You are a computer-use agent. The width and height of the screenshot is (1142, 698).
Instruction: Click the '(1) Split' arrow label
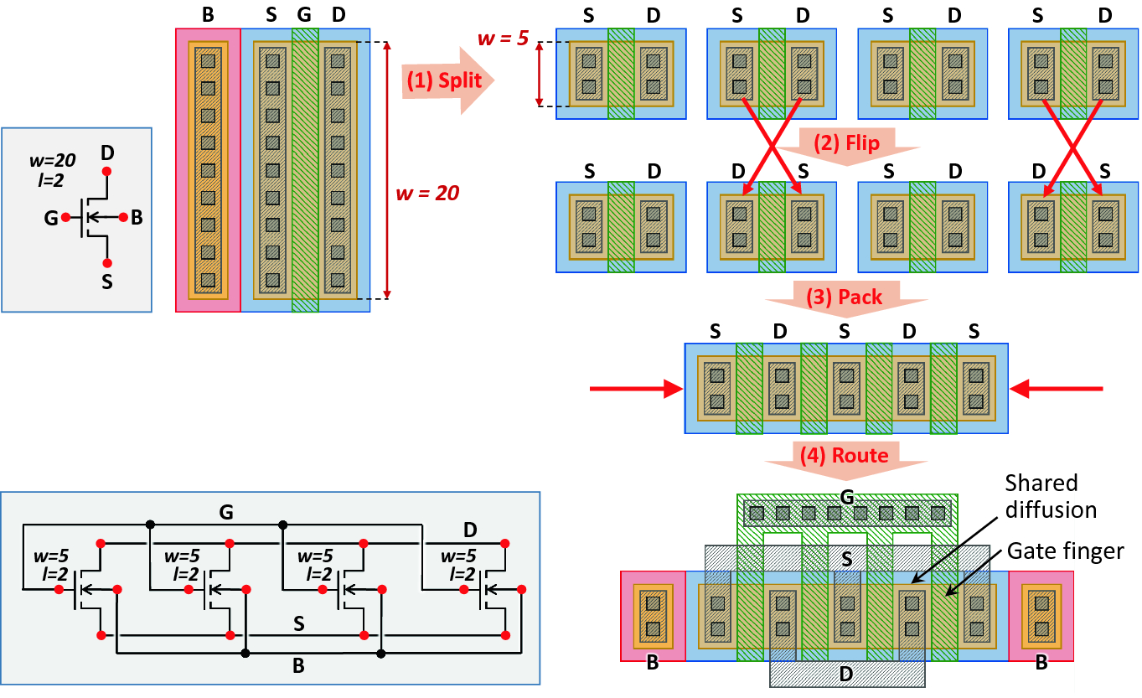(444, 80)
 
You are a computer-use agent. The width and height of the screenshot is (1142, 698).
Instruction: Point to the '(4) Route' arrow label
(847, 455)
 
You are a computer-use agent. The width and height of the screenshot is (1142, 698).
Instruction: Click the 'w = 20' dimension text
(426, 194)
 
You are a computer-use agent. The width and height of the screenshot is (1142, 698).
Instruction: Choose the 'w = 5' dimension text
(502, 39)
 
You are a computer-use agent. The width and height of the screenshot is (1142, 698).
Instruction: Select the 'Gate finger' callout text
(1065, 550)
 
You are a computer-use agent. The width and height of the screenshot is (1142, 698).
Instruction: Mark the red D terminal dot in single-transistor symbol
(106, 172)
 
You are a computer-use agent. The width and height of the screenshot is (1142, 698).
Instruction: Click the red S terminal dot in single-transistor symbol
(106, 263)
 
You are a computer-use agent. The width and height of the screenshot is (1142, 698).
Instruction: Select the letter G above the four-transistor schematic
(225, 512)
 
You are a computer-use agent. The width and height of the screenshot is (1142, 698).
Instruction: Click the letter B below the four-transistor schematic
(297, 667)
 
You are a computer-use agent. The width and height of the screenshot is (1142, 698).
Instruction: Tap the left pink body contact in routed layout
(653, 616)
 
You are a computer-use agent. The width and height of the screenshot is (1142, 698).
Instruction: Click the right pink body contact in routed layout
(1041, 616)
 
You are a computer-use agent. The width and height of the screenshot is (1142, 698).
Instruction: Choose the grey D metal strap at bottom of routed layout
(847, 673)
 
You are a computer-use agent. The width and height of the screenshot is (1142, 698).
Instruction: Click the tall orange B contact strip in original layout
(208, 171)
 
